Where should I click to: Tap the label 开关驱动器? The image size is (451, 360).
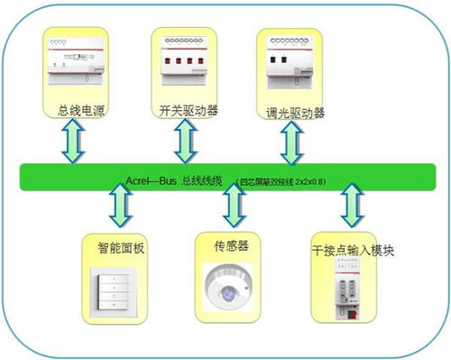(x=189, y=110)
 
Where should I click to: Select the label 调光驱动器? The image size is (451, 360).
(x=295, y=114)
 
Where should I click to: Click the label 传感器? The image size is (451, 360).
(x=225, y=244)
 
